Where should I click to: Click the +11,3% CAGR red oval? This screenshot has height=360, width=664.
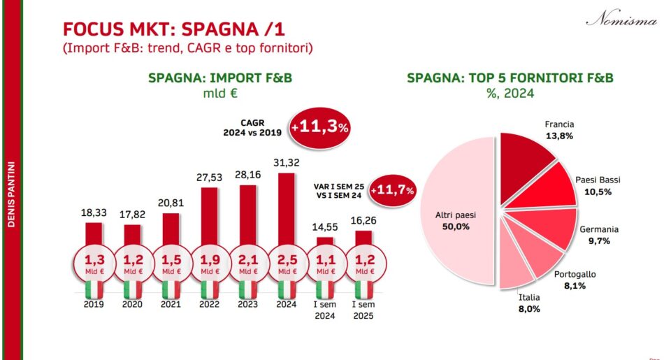(320, 128)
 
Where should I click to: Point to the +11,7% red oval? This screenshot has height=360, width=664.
(392, 190)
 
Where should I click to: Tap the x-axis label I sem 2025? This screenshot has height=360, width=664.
(363, 310)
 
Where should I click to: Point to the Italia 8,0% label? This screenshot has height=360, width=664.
(529, 303)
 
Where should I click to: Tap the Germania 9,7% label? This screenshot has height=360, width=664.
(599, 234)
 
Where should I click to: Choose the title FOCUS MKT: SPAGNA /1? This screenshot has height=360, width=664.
(174, 29)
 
